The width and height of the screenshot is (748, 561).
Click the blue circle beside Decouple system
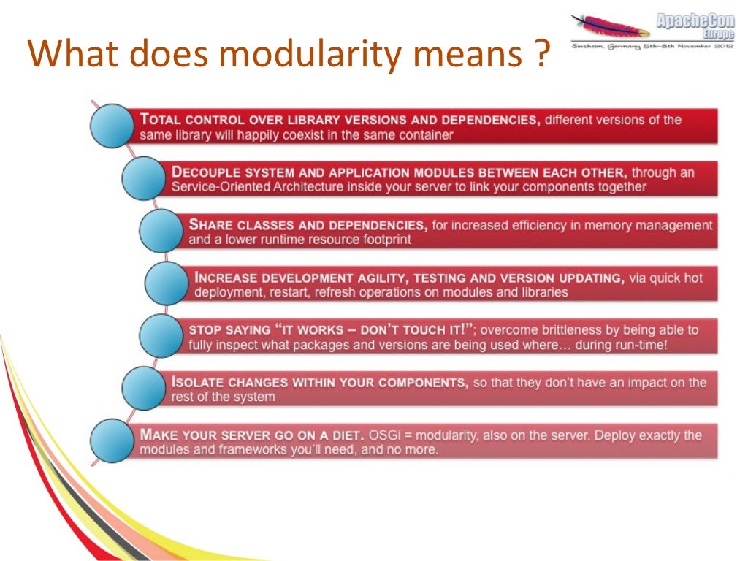tap(144, 178)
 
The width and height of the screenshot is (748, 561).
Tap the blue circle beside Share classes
tap(161, 231)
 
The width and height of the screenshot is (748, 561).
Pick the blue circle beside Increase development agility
tap(167, 283)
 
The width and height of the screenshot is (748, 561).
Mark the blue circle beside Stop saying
tap(161, 336)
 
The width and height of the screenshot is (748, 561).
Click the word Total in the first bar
tap(160, 119)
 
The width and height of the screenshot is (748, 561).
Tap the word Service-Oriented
tap(216, 187)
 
